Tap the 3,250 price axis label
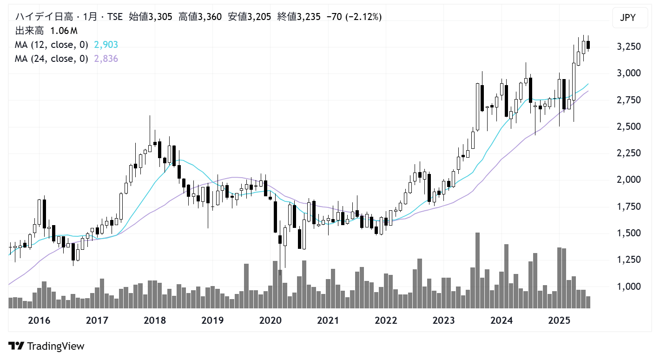(628, 47)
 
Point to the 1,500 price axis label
(628, 233)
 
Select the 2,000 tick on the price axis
(628, 180)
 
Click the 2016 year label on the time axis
(39, 320)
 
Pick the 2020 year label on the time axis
(271, 320)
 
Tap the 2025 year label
(559, 320)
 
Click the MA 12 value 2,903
(106, 45)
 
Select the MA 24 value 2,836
(106, 59)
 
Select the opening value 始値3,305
(150, 17)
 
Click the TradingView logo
(46, 346)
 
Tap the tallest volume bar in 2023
(477, 270)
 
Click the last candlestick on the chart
(588, 45)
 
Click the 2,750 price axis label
(628, 100)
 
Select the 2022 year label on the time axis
(386, 320)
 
